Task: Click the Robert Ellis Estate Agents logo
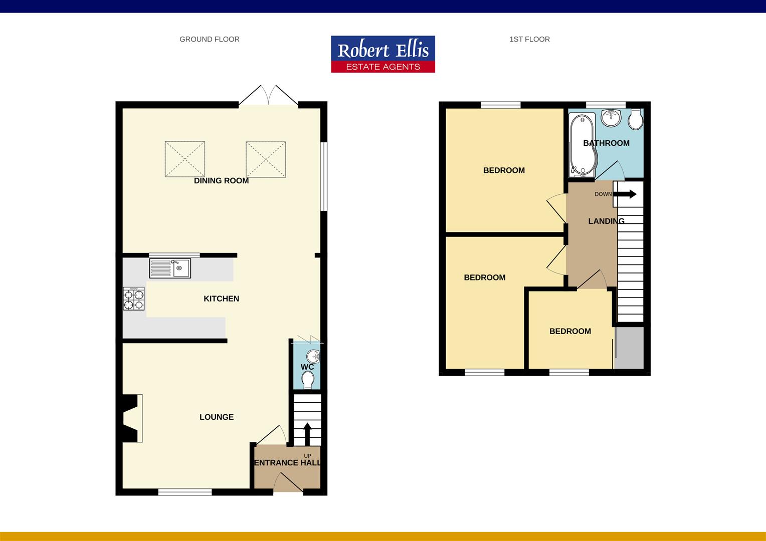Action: (383, 54)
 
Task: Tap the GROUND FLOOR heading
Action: (209, 39)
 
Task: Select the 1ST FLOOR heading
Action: (529, 39)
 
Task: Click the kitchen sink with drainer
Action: (170, 268)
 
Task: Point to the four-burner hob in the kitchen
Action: (134, 299)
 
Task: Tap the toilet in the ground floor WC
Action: (308, 380)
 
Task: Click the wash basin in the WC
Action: (313, 357)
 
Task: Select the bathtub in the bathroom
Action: (583, 146)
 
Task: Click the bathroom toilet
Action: (636, 119)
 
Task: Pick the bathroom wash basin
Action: (612, 118)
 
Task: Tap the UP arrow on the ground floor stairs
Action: (307, 434)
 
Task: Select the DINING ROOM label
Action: (221, 181)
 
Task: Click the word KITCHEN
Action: (221, 299)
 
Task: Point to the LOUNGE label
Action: (217, 417)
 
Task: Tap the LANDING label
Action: (606, 221)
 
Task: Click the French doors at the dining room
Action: (268, 95)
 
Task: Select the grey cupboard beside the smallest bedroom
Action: (629, 348)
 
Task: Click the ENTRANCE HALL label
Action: (287, 463)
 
